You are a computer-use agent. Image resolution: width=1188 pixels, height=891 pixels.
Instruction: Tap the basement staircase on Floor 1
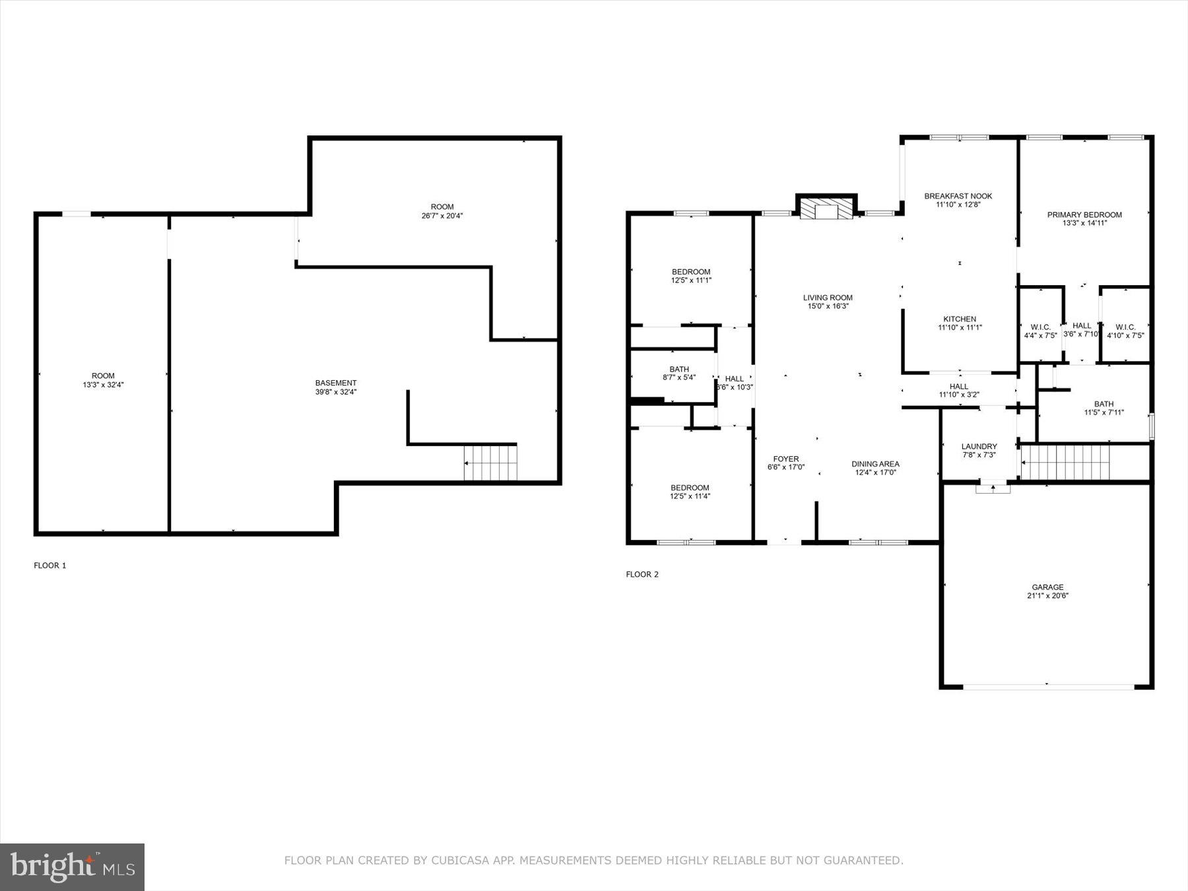(490, 463)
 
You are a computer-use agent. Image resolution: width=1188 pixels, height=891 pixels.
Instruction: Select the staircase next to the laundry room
(1065, 462)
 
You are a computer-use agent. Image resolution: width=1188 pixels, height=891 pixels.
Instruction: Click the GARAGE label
(1047, 587)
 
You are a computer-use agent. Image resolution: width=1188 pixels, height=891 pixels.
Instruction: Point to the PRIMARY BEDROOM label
(1084, 214)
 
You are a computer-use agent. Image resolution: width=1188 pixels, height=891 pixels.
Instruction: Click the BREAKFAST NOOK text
(958, 196)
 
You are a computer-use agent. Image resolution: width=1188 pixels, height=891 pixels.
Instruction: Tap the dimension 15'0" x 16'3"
(828, 306)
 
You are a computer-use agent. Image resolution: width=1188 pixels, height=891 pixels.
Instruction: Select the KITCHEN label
(960, 319)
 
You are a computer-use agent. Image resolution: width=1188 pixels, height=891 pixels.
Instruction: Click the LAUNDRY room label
(979, 446)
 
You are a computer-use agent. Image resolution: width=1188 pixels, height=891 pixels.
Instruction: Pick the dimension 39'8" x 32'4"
(336, 392)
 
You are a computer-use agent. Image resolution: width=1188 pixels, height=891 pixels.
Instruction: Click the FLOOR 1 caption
(50, 566)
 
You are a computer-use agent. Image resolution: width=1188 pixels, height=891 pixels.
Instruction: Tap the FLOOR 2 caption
(642, 574)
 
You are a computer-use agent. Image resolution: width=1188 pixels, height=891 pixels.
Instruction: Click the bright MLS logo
(72, 867)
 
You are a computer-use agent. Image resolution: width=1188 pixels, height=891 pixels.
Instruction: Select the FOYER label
(786, 459)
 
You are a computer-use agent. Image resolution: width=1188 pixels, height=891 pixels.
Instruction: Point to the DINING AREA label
(875, 464)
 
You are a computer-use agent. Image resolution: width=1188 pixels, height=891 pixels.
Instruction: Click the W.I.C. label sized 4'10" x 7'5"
(1125, 327)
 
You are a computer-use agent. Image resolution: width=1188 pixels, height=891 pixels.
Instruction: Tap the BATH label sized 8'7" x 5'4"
(679, 369)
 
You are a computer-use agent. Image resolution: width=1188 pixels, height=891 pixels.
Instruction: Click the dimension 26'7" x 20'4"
(442, 216)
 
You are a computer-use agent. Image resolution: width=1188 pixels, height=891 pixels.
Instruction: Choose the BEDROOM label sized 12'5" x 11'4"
(690, 488)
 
